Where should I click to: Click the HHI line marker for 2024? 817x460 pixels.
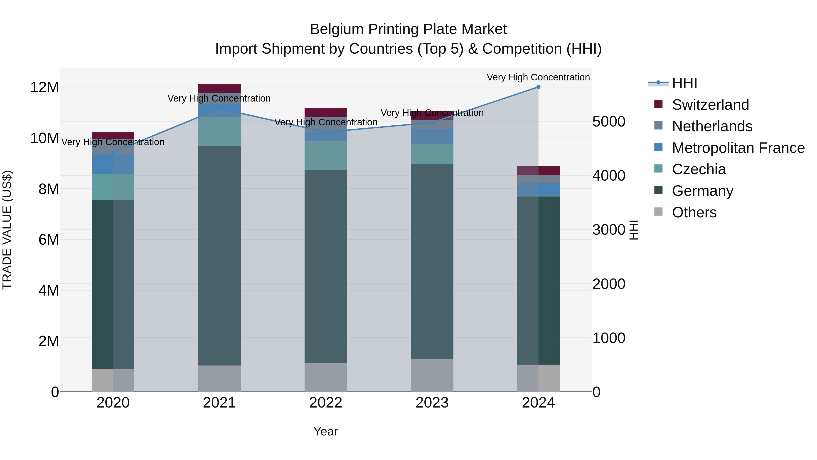pyautogui.click(x=538, y=87)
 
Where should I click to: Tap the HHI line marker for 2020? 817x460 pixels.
pyautogui.click(x=113, y=152)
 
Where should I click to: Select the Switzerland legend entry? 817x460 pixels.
pyautogui.click(x=710, y=105)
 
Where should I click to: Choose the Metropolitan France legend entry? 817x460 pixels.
pyautogui.click(x=738, y=148)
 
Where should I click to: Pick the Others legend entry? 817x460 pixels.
pyautogui.click(x=694, y=212)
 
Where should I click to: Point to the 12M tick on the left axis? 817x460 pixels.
pyautogui.click(x=44, y=87)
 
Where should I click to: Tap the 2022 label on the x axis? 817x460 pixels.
pyautogui.click(x=325, y=403)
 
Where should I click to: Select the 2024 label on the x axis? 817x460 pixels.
pyautogui.click(x=538, y=403)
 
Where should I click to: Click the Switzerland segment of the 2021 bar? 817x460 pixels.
pyautogui.click(x=219, y=88)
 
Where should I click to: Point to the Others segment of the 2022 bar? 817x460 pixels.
pyautogui.click(x=325, y=378)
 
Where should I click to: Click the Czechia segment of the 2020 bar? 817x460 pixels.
pyautogui.click(x=113, y=187)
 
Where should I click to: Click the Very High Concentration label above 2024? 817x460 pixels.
pyautogui.click(x=538, y=77)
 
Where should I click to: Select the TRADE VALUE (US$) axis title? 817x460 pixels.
pyautogui.click(x=7, y=230)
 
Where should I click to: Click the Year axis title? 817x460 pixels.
pyautogui.click(x=325, y=431)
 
